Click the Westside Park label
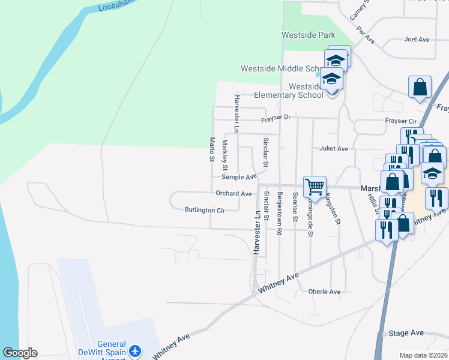[309, 35]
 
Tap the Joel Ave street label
[417, 40]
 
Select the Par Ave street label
[365, 35]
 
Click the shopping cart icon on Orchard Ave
[315, 187]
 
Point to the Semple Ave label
[239, 177]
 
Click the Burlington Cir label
[205, 210]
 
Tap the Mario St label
[212, 149]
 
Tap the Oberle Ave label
[324, 292]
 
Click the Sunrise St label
[295, 207]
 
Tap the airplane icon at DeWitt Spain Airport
[136, 350]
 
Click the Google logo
[20, 353]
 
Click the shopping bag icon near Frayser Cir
[420, 86]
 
